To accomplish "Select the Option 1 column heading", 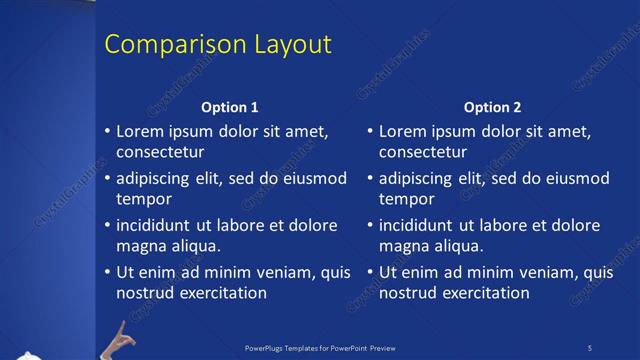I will pyautogui.click(x=230, y=107).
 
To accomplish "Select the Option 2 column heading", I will pyautogui.click(x=493, y=107).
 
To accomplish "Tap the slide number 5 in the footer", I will pyautogui.click(x=590, y=348).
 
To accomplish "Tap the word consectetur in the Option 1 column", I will pyautogui.click(x=161, y=152).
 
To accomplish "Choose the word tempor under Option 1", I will pyautogui.click(x=144, y=199).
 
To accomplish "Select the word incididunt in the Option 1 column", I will pyautogui.click(x=160, y=226).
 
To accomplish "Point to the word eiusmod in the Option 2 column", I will pyautogui.click(x=572, y=179).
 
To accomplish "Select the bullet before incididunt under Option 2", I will pyautogui.click(x=370, y=226).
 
